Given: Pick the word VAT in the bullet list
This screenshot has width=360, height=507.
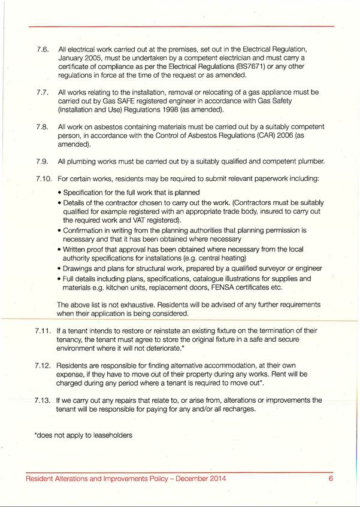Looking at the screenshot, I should click(x=138, y=220).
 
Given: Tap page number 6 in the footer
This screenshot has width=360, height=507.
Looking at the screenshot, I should click(x=330, y=479).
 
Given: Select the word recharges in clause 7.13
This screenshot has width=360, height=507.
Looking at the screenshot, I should click(x=237, y=409).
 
